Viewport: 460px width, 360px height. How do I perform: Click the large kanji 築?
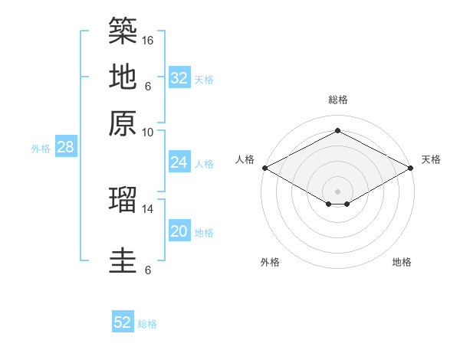[x=123, y=31]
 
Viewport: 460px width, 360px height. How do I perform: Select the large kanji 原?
[x=123, y=123]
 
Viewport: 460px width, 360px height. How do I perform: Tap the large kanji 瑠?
[x=123, y=200]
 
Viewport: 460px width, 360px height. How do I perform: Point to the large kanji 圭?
[x=123, y=260]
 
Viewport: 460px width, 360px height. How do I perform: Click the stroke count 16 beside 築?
[x=147, y=41]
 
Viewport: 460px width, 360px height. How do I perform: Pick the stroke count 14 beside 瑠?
[x=147, y=209]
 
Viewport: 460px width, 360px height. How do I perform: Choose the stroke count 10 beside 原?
[x=147, y=133]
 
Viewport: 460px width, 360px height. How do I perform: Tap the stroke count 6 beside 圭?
[x=148, y=270]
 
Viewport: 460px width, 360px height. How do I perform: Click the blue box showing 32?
[x=179, y=77]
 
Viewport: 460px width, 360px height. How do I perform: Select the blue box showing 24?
[x=179, y=162]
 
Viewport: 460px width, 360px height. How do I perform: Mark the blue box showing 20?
[x=179, y=230]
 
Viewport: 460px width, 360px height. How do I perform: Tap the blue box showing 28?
[x=66, y=146]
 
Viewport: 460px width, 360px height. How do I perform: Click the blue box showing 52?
[x=123, y=321]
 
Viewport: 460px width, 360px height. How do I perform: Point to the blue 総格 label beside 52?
[x=147, y=324]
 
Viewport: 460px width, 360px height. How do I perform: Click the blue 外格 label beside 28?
[x=41, y=149]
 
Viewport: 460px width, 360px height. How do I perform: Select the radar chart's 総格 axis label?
[x=338, y=100]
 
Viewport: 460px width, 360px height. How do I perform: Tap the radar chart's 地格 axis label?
[x=402, y=262]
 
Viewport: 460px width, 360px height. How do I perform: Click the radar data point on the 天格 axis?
[x=411, y=168]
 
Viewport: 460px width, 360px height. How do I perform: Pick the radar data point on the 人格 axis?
[x=265, y=168]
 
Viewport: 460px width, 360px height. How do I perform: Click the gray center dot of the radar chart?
[x=337, y=191]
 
